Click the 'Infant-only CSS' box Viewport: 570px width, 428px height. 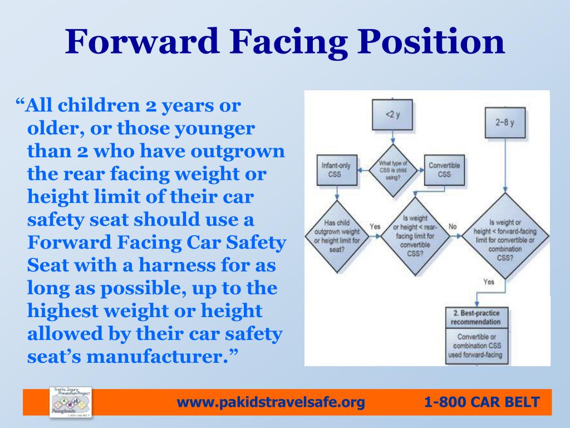coord(335,169)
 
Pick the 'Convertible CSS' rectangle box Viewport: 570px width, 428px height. coord(444,169)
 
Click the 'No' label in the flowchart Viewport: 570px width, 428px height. coord(452,227)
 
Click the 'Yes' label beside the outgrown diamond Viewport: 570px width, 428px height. coord(375,227)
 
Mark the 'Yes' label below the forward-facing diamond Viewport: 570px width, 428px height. coord(489,282)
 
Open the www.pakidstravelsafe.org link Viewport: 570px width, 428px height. coord(271,401)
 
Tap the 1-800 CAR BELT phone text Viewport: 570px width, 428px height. coord(481,401)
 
